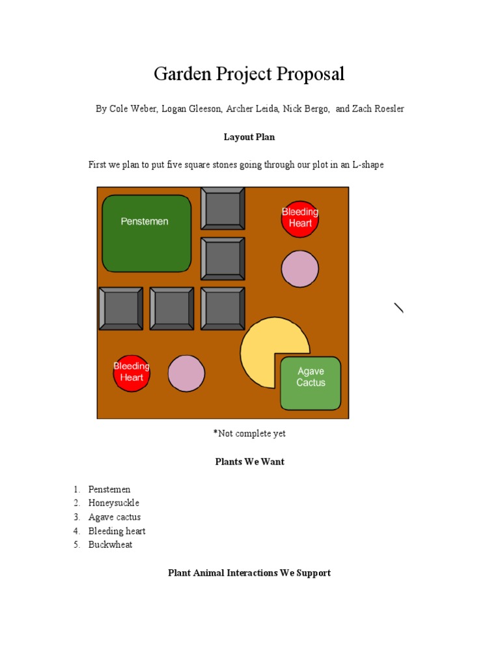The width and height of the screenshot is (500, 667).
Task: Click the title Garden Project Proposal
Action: (x=249, y=74)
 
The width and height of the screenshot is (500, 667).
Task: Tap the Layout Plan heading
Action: (x=249, y=137)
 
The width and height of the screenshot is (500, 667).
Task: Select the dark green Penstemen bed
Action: (x=146, y=233)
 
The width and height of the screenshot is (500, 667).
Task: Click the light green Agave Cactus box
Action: (x=311, y=383)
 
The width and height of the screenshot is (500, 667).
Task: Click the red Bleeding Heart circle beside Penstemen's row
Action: (x=300, y=218)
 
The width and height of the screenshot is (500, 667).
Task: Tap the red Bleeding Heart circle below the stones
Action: (x=132, y=373)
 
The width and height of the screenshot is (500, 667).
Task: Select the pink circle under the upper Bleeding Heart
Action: (x=300, y=268)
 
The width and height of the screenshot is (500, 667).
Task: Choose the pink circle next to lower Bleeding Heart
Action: (x=186, y=373)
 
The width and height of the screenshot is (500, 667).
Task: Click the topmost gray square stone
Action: (x=223, y=208)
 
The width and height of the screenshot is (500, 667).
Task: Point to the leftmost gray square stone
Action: (x=120, y=308)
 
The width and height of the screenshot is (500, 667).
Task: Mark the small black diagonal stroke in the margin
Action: (x=399, y=308)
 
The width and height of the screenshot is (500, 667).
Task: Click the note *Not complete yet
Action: (x=249, y=434)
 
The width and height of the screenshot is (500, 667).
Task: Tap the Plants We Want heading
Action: (x=249, y=462)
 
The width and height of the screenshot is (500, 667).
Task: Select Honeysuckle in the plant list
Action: (x=114, y=503)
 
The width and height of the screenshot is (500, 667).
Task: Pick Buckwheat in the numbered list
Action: (x=110, y=545)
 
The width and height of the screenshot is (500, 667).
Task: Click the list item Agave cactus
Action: (x=115, y=517)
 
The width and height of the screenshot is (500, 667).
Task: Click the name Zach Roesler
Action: (x=380, y=109)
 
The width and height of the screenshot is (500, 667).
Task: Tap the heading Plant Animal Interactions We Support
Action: (x=249, y=573)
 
